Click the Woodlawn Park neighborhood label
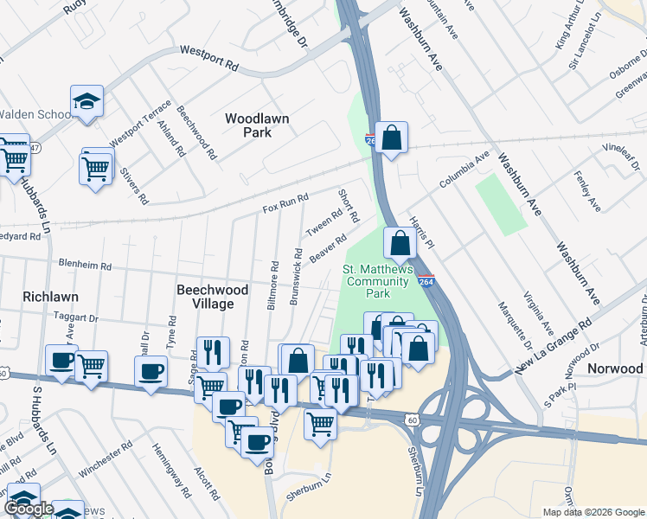[257, 125]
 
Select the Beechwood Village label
[212, 297]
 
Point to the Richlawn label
[51, 297]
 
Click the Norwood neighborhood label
[615, 368]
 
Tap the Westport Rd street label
[208, 58]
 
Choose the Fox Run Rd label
[285, 204]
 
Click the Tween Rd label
[324, 222]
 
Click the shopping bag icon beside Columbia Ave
[391, 137]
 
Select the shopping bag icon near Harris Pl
[400, 243]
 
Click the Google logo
[29, 509]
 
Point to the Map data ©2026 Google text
[593, 512]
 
